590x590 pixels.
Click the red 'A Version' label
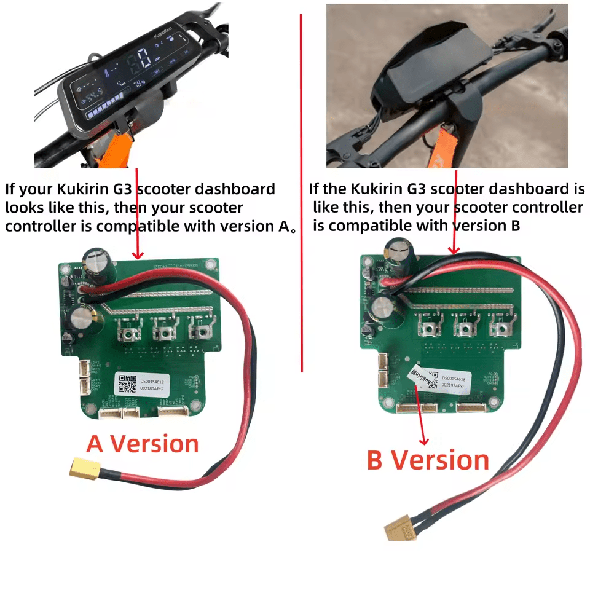click(143, 444)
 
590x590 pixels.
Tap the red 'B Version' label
click(428, 460)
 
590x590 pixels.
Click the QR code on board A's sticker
click(127, 384)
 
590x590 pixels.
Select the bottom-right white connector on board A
click(175, 412)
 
